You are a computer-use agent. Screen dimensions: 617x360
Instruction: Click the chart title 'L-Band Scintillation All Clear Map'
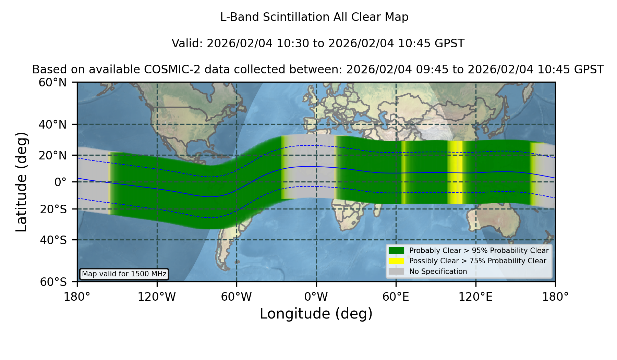(x=314, y=17)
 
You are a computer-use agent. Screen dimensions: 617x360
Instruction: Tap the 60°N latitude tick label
(x=53, y=82)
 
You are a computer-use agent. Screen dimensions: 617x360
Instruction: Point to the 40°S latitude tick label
(x=53, y=240)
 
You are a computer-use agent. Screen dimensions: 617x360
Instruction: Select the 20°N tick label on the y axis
(x=53, y=155)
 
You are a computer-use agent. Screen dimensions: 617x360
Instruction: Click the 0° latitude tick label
(x=60, y=182)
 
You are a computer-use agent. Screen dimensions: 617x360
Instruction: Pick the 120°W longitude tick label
(x=157, y=297)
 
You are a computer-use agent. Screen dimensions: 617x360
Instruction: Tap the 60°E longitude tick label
(x=396, y=297)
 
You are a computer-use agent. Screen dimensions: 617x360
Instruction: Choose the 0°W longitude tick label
(x=316, y=297)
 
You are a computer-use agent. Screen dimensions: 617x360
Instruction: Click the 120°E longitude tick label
(x=475, y=297)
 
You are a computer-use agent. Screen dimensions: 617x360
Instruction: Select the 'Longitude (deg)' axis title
(x=316, y=314)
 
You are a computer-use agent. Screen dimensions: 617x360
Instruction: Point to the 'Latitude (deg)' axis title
(x=21, y=182)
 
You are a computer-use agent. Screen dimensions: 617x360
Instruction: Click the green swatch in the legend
(x=397, y=251)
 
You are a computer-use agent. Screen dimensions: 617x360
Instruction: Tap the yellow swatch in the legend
(x=397, y=261)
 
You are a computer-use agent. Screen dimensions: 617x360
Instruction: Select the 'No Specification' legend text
(x=438, y=272)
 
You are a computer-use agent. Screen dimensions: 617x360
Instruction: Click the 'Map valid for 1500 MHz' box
(x=124, y=274)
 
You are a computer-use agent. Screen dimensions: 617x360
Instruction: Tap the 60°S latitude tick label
(x=53, y=282)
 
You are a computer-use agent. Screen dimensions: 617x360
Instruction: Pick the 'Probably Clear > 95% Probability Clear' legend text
(x=479, y=251)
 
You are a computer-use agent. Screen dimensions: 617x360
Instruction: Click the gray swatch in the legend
(x=397, y=272)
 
